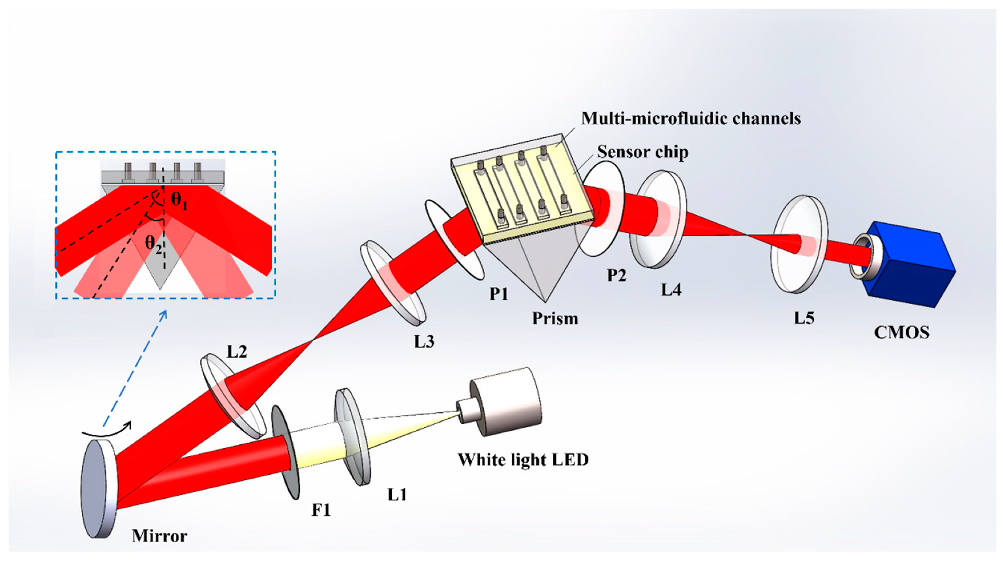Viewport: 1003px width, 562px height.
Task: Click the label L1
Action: coord(397,495)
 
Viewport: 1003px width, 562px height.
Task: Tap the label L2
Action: coord(237,352)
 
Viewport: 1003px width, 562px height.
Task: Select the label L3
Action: coord(424,342)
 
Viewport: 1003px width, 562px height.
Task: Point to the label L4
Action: coord(671,290)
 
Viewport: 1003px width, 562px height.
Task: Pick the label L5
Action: coord(804,318)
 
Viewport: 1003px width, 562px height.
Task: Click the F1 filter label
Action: coord(321,510)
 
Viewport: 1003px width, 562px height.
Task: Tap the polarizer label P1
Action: coord(499,294)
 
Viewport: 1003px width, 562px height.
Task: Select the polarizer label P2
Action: coord(617,275)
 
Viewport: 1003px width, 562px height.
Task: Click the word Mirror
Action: coord(159,536)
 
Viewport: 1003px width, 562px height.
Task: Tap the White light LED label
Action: coord(523,460)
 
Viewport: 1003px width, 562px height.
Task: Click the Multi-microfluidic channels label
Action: coord(691,119)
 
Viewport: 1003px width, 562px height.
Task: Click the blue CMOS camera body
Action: coord(911,269)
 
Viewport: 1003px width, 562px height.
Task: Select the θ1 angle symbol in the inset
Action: coord(179,201)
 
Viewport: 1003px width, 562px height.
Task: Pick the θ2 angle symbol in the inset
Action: coord(154,244)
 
